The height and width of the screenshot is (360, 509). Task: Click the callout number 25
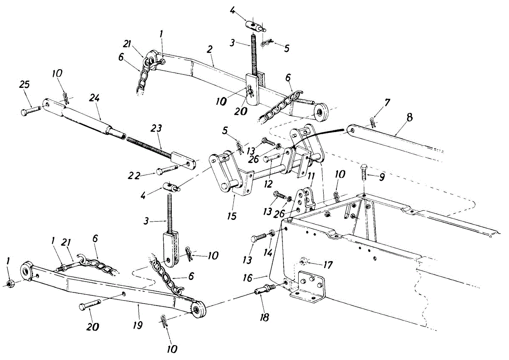click(x=25, y=84)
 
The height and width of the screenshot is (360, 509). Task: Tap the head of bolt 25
click(x=24, y=112)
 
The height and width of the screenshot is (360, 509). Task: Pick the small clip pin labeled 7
click(x=372, y=123)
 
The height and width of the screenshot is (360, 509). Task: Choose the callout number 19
click(x=138, y=325)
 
